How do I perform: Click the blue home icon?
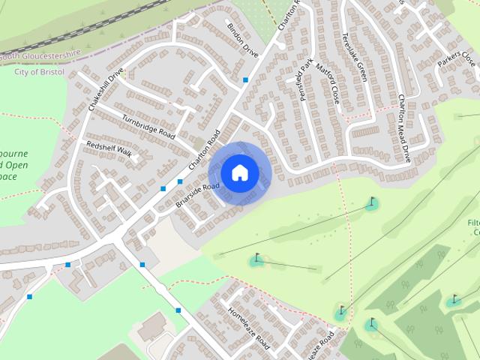click(x=239, y=173)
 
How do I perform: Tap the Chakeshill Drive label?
click(x=106, y=91)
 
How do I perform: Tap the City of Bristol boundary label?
click(x=39, y=71)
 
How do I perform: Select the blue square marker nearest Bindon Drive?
click(x=245, y=79)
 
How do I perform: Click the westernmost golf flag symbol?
click(x=257, y=259)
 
